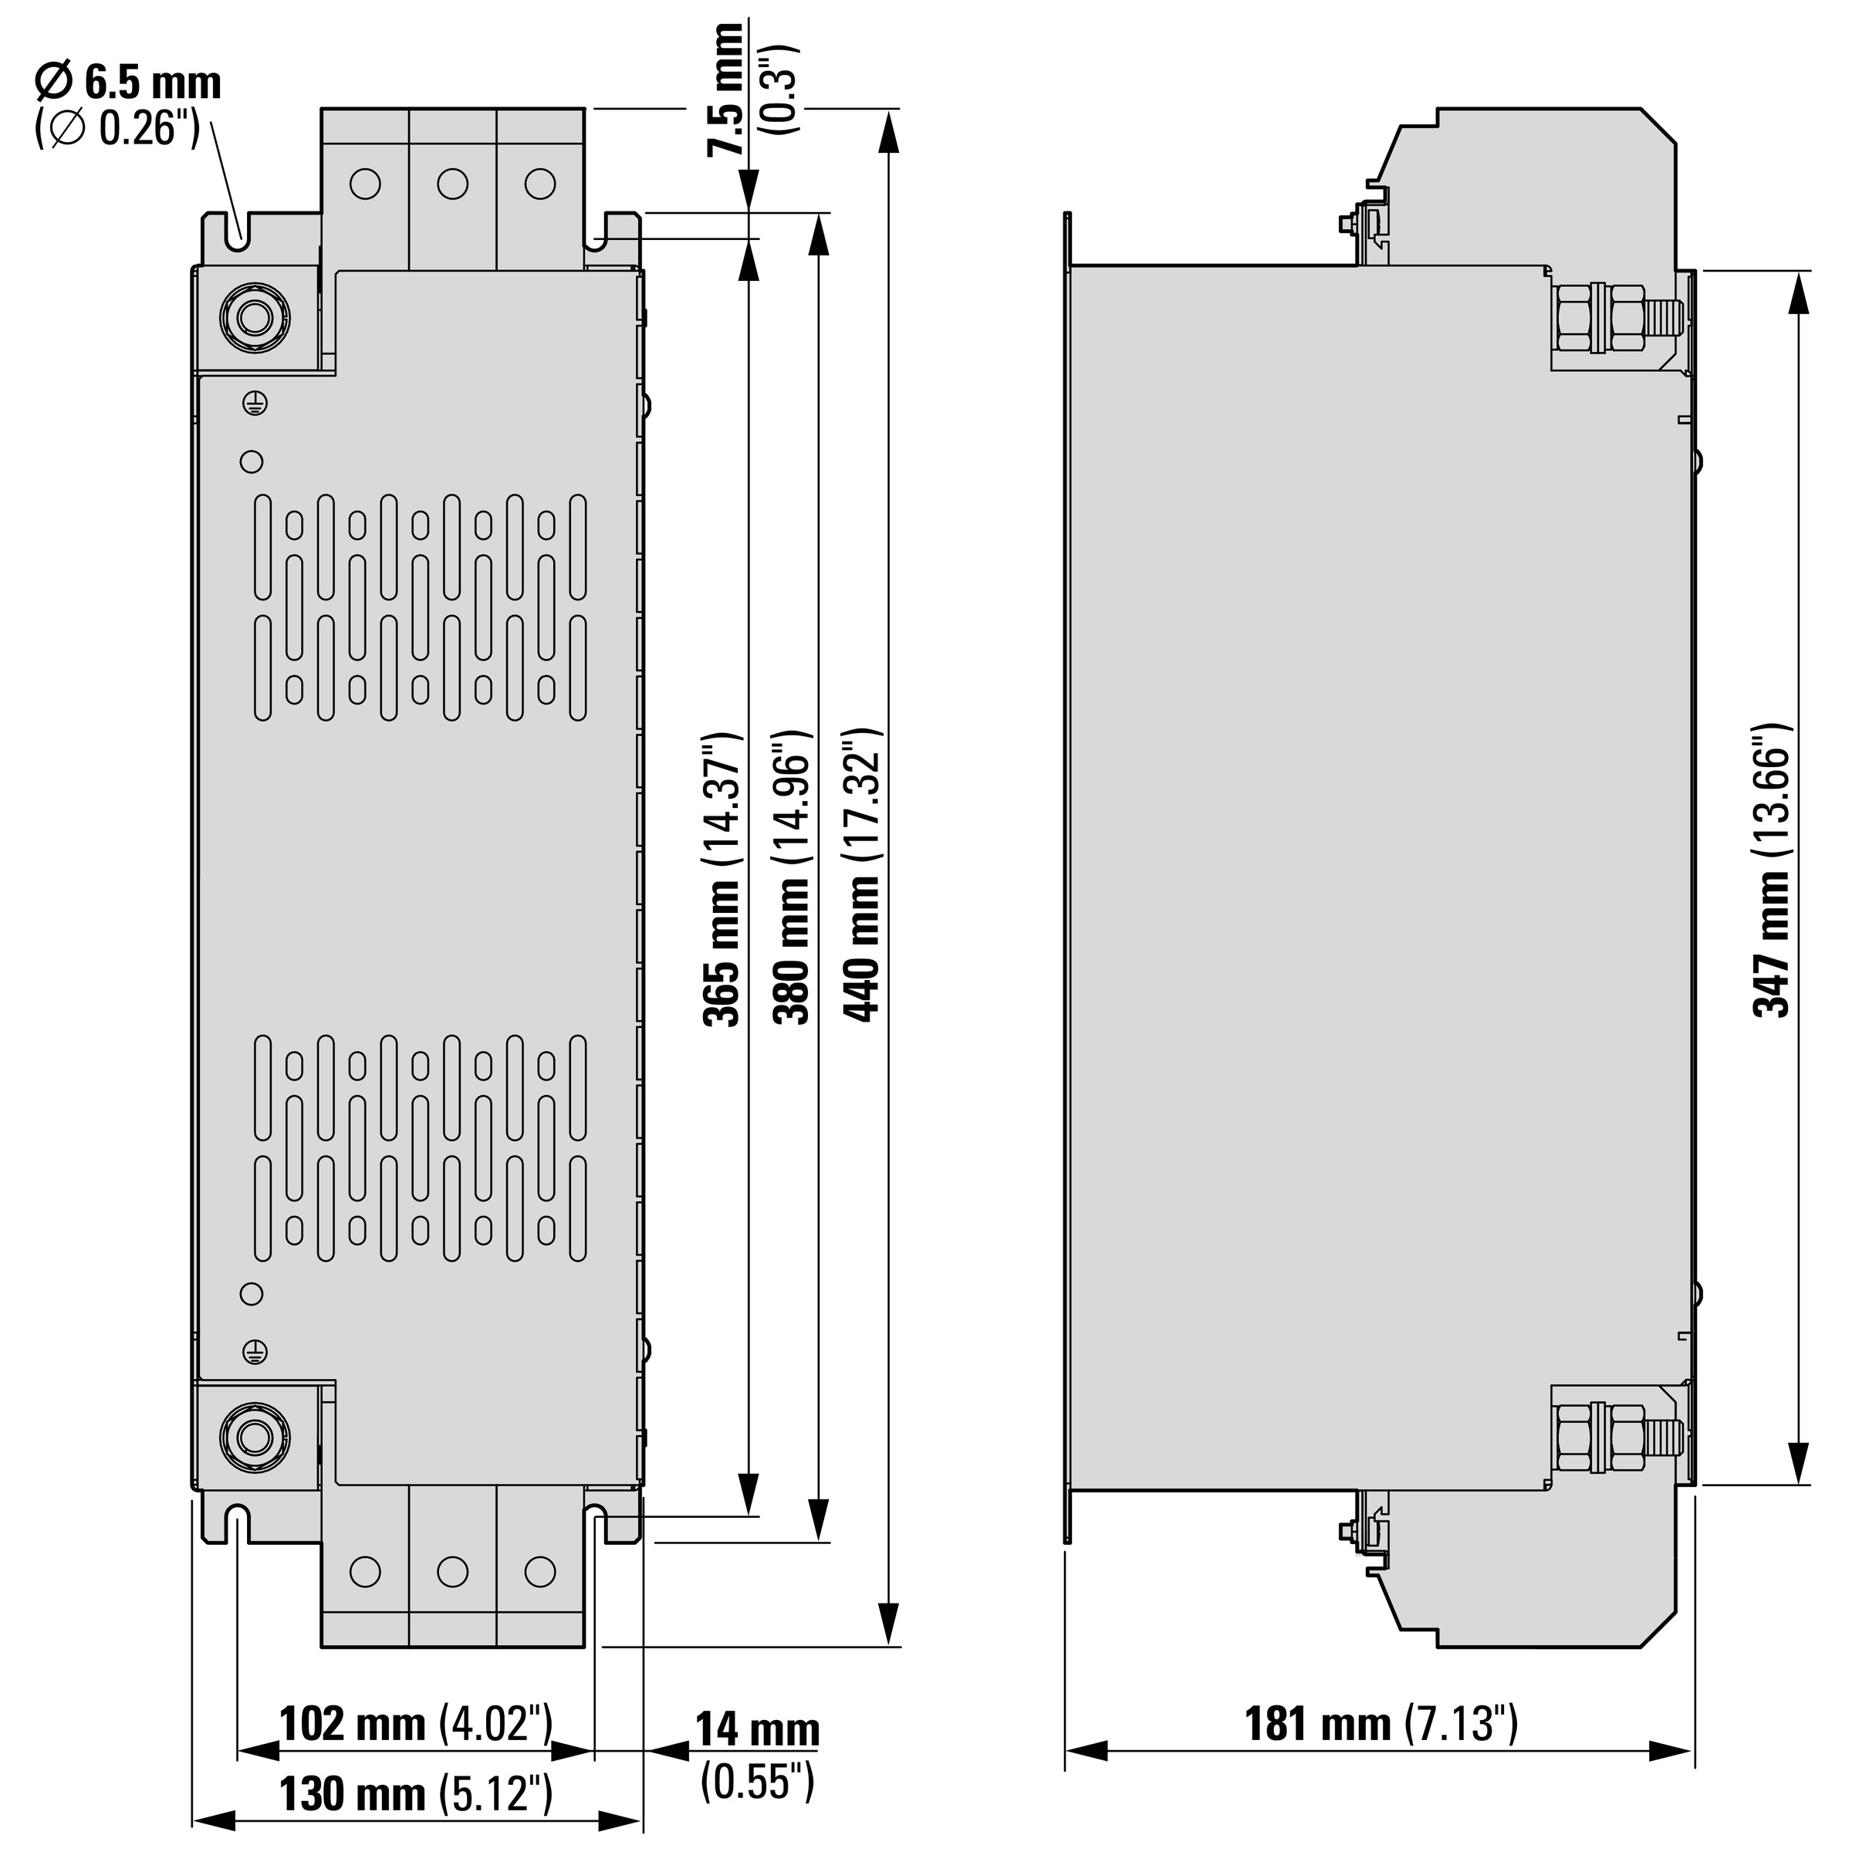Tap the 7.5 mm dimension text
pyautogui.click(x=725, y=88)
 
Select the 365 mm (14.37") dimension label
pyautogui.click(x=723, y=878)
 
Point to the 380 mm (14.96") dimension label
pyautogui.click(x=795, y=878)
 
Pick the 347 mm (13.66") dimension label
pyautogui.click(x=1772, y=870)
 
